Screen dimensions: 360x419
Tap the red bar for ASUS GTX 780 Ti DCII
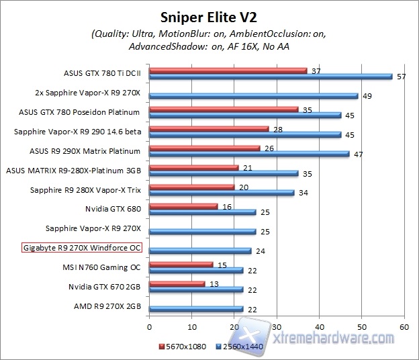(x=228, y=71)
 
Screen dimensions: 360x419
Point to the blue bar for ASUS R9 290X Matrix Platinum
(x=249, y=154)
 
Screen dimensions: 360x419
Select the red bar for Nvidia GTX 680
(x=183, y=206)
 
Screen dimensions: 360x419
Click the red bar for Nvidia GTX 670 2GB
(x=177, y=283)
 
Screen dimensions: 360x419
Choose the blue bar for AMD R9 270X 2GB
(x=195, y=309)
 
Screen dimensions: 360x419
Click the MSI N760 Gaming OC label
(x=100, y=267)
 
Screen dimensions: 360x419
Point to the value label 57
(x=402, y=77)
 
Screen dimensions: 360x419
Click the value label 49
(x=367, y=96)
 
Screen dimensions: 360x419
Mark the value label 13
(x=214, y=283)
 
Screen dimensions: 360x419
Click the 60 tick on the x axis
(x=404, y=327)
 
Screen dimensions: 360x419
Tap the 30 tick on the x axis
(x=277, y=327)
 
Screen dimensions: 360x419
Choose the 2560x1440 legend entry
(x=238, y=347)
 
